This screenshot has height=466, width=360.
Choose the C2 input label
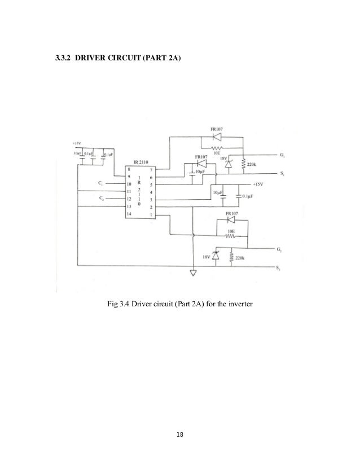[100, 199]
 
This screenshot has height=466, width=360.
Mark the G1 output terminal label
[282, 155]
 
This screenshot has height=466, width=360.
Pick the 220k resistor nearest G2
[232, 257]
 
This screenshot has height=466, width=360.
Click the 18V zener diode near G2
[215, 256]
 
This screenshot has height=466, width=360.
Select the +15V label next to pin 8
[77, 142]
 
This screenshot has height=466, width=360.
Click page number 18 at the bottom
[180, 435]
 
